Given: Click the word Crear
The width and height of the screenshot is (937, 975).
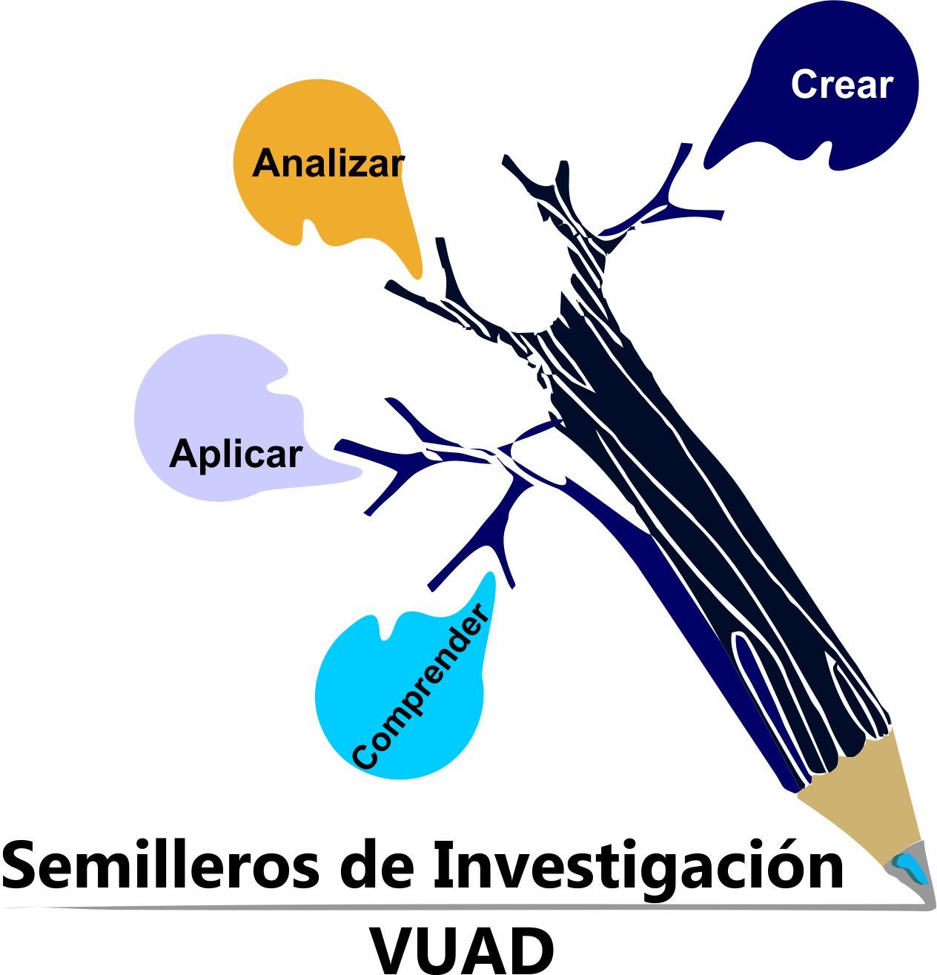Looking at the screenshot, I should pos(841,85).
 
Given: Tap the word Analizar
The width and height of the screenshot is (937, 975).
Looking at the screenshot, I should pos(328,163).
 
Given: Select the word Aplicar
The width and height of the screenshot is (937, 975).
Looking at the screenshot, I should pos(236,453).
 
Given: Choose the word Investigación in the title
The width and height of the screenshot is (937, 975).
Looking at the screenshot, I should pos(638,865).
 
